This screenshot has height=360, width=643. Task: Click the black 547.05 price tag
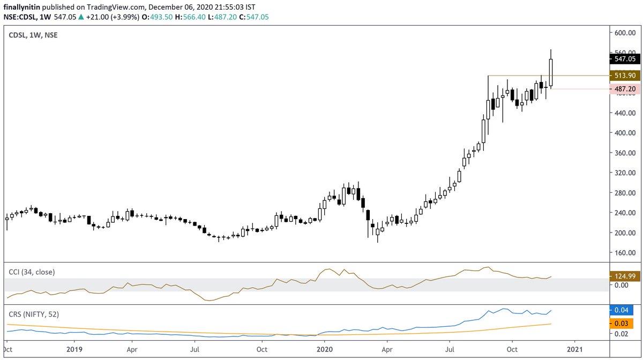pyautogui.click(x=625, y=58)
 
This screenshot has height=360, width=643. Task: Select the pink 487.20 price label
pyautogui.click(x=625, y=88)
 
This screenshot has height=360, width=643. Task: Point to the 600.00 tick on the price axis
pyautogui.click(x=625, y=33)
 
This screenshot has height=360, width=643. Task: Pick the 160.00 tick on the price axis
pyautogui.click(x=625, y=253)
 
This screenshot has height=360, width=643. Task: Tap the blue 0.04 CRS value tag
pyautogui.click(x=622, y=310)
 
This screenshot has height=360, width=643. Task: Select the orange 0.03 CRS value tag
pyautogui.click(x=622, y=324)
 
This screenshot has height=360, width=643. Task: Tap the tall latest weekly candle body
pyautogui.click(x=551, y=72)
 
